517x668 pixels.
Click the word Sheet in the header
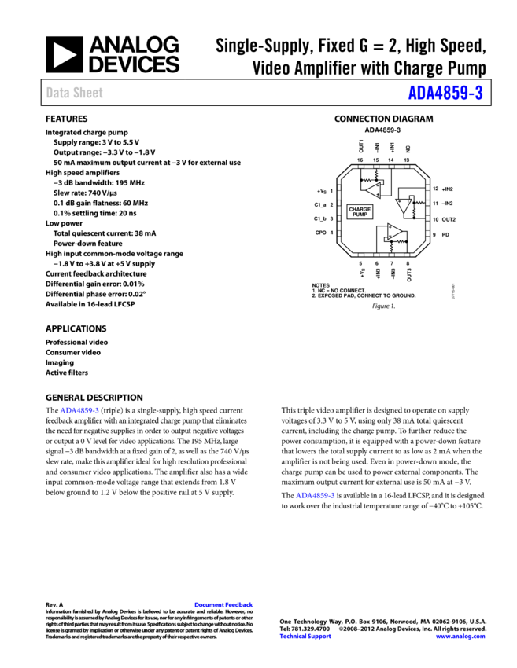click(87, 93)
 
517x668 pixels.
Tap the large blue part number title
click(445, 94)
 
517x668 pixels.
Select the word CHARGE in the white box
click(360, 209)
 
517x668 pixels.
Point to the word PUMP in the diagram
click(360, 215)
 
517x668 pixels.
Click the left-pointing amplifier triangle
click(374, 190)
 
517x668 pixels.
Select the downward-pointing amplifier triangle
click(404, 205)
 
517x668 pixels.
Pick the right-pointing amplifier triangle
click(393, 231)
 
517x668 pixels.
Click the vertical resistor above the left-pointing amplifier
click(376, 174)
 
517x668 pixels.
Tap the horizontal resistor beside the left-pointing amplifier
click(367, 180)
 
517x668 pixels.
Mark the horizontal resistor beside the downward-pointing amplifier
click(420, 203)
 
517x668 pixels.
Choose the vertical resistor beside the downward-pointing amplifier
click(415, 211)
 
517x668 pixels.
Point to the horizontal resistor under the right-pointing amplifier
click(400, 242)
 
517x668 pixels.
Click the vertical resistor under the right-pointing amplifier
click(391, 248)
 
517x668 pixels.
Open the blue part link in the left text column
click(79, 410)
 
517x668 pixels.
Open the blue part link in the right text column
click(315, 496)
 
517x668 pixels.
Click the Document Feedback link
click(223, 605)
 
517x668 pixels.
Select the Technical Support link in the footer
click(305, 637)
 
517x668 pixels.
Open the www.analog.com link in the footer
click(460, 637)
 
